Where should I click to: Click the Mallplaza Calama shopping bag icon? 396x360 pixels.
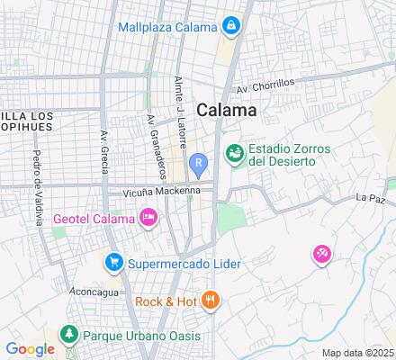coord(230,24)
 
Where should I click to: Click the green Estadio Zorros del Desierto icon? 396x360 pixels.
coord(234,154)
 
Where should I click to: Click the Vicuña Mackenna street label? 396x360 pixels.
coord(155,193)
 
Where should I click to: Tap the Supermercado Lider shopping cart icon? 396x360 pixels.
coord(113,263)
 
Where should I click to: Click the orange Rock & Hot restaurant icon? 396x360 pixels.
coord(210,301)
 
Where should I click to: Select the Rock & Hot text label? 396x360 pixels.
coord(166,301)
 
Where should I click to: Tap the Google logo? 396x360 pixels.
coord(30,349)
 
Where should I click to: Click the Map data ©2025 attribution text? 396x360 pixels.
coord(358,353)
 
